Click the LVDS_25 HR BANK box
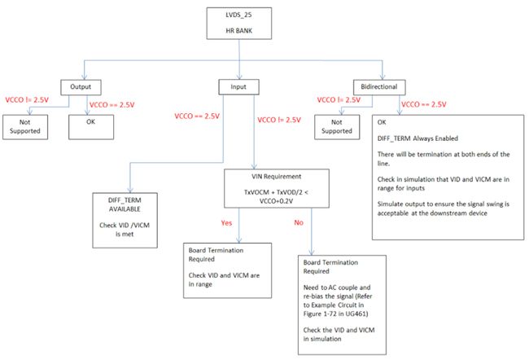(238, 24)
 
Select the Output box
(81, 87)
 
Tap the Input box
(238, 87)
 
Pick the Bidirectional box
(379, 87)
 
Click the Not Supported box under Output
(25, 127)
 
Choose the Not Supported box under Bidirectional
(337, 127)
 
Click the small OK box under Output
(91, 127)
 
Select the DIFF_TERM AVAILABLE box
(125, 220)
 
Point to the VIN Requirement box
(277, 188)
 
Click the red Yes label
(226, 223)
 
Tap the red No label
(299, 222)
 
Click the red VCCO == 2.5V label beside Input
(197, 116)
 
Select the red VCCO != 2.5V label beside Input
(279, 120)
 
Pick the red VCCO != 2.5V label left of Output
(27, 100)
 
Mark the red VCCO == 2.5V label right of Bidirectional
(424, 104)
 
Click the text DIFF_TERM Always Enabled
(418, 138)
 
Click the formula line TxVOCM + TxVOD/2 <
(276, 192)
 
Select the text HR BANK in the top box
(238, 31)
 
